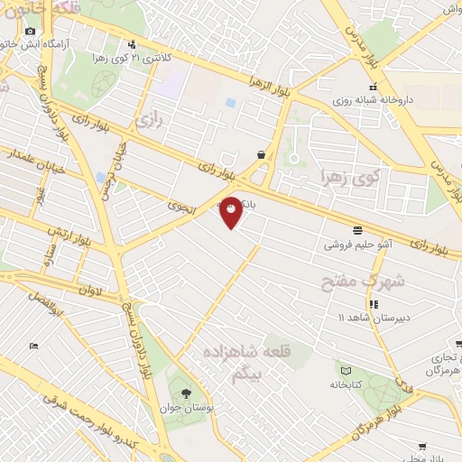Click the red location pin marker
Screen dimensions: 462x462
click(x=231, y=212)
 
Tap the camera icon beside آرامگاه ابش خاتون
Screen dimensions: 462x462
click(x=30, y=32)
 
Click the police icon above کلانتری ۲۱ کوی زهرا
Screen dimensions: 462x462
click(x=133, y=43)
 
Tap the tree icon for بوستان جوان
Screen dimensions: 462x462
click(x=186, y=393)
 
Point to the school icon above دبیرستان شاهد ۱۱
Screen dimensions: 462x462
click(x=374, y=304)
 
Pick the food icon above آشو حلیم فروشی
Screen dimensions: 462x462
click(x=358, y=229)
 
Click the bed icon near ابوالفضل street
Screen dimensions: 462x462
click(x=33, y=346)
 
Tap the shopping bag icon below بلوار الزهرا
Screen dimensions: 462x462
click(x=261, y=154)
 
